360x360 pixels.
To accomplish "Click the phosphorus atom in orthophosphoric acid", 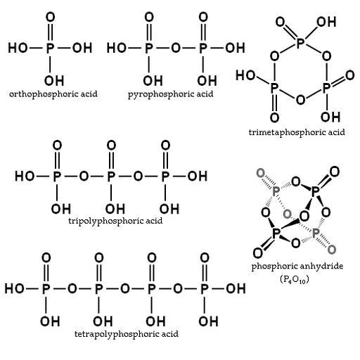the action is click(50, 48).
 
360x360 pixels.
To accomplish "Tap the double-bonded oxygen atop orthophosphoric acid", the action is click(50, 17).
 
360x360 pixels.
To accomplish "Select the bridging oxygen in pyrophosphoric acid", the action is click(176, 48).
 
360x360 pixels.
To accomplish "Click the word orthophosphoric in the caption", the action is click(43, 94).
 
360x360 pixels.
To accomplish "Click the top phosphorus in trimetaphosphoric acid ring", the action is click(300, 43).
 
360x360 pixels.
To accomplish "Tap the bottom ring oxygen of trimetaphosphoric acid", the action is click(300, 99).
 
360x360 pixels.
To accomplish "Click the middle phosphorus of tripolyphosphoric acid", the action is click(111, 176).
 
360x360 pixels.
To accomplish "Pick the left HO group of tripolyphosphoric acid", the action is click(25, 176).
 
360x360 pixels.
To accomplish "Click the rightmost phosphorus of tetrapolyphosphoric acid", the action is click(205, 288).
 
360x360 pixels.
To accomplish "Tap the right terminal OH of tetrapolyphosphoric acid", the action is click(236, 288).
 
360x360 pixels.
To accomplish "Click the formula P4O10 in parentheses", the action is click(295, 279).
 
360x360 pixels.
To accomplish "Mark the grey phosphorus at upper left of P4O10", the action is click(276, 191).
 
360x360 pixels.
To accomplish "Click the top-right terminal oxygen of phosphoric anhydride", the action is click(334, 172).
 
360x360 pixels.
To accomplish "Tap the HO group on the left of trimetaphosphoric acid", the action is click(245, 75).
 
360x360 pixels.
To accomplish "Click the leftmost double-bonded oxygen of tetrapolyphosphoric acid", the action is click(46, 258).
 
